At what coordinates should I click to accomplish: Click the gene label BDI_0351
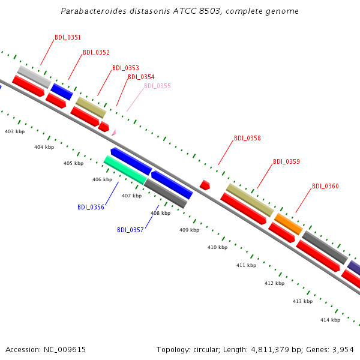(68, 37)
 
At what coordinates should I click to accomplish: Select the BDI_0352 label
(96, 52)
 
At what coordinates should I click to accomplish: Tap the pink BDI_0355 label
(157, 86)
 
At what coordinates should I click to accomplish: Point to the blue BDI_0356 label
(91, 207)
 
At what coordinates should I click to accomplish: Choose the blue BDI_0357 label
(130, 230)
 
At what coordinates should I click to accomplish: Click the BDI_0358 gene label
(247, 138)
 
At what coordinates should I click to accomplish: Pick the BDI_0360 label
(325, 186)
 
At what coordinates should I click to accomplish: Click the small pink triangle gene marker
(114, 133)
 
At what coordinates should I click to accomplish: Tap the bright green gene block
(125, 170)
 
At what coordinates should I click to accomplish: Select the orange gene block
(289, 224)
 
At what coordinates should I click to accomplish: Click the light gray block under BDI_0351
(34, 77)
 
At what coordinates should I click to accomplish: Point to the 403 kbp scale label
(14, 131)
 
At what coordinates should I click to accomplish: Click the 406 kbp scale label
(102, 179)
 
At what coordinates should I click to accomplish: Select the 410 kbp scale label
(217, 247)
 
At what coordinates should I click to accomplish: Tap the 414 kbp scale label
(330, 320)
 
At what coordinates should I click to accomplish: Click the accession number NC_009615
(65, 350)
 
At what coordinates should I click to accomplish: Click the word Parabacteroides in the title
(94, 11)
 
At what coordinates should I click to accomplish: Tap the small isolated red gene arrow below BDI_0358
(205, 185)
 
